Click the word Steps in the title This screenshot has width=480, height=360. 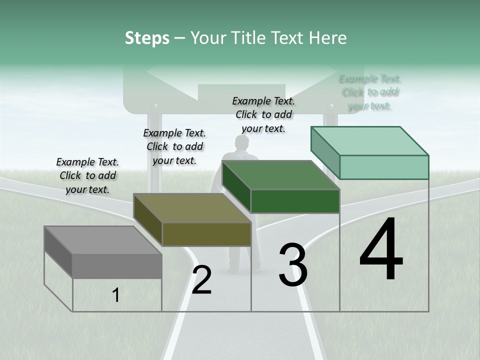pyautogui.click(x=147, y=38)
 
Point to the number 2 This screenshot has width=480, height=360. pyautogui.click(x=201, y=280)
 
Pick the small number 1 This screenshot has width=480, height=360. pyautogui.click(x=116, y=295)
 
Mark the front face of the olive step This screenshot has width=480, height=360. pyautogui.click(x=206, y=234)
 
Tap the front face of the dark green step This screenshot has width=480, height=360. pyautogui.click(x=295, y=201)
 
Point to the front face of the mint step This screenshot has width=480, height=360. pyautogui.click(x=384, y=167)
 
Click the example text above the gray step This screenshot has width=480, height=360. pyautogui.click(x=87, y=175)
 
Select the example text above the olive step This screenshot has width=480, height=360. pyautogui.click(x=174, y=146)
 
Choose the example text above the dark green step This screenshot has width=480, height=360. pyautogui.click(x=263, y=114)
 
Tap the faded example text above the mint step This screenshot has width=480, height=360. pyautogui.click(x=370, y=92)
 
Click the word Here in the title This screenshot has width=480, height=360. pyautogui.click(x=328, y=38)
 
